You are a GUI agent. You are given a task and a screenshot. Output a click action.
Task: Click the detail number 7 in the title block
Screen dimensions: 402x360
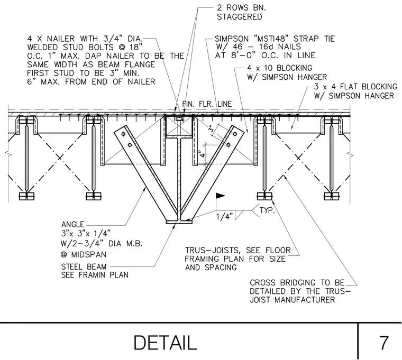click(383, 343)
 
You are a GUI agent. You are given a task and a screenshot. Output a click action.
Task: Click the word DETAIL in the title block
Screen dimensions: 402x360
click(165, 343)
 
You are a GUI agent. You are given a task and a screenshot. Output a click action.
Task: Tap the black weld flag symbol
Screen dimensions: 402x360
click(221, 196)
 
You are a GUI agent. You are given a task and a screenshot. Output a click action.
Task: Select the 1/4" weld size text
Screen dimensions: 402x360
click(224, 217)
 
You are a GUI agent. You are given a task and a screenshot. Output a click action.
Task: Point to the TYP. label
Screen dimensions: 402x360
click(267, 210)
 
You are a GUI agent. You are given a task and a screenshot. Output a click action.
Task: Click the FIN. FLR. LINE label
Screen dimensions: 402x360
click(207, 104)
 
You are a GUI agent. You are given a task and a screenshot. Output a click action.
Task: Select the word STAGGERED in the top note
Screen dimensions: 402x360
click(239, 17)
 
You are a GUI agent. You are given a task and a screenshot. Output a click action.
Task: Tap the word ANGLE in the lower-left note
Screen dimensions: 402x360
click(72, 225)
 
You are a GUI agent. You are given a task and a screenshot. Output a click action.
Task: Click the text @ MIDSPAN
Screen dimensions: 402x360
click(84, 254)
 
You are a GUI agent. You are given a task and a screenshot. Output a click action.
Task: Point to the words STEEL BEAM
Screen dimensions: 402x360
click(84, 267)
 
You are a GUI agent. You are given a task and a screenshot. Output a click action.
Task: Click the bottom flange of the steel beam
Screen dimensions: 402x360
click(179, 222)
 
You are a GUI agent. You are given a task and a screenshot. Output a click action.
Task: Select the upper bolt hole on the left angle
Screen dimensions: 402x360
click(123, 134)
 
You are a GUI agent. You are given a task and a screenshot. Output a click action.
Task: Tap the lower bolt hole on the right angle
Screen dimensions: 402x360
click(228, 145)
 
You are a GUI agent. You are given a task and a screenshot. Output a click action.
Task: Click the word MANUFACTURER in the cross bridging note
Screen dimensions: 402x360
click(305, 300)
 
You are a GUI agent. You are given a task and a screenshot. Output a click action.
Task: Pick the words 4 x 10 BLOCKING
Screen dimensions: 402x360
click(279, 68)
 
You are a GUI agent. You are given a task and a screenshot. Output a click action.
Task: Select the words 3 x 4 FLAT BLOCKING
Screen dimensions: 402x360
click(355, 87)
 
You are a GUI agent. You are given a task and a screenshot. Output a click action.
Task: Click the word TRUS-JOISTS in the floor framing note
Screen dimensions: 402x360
click(213, 250)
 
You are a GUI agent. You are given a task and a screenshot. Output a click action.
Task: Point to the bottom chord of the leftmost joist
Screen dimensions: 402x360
click(26, 196)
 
